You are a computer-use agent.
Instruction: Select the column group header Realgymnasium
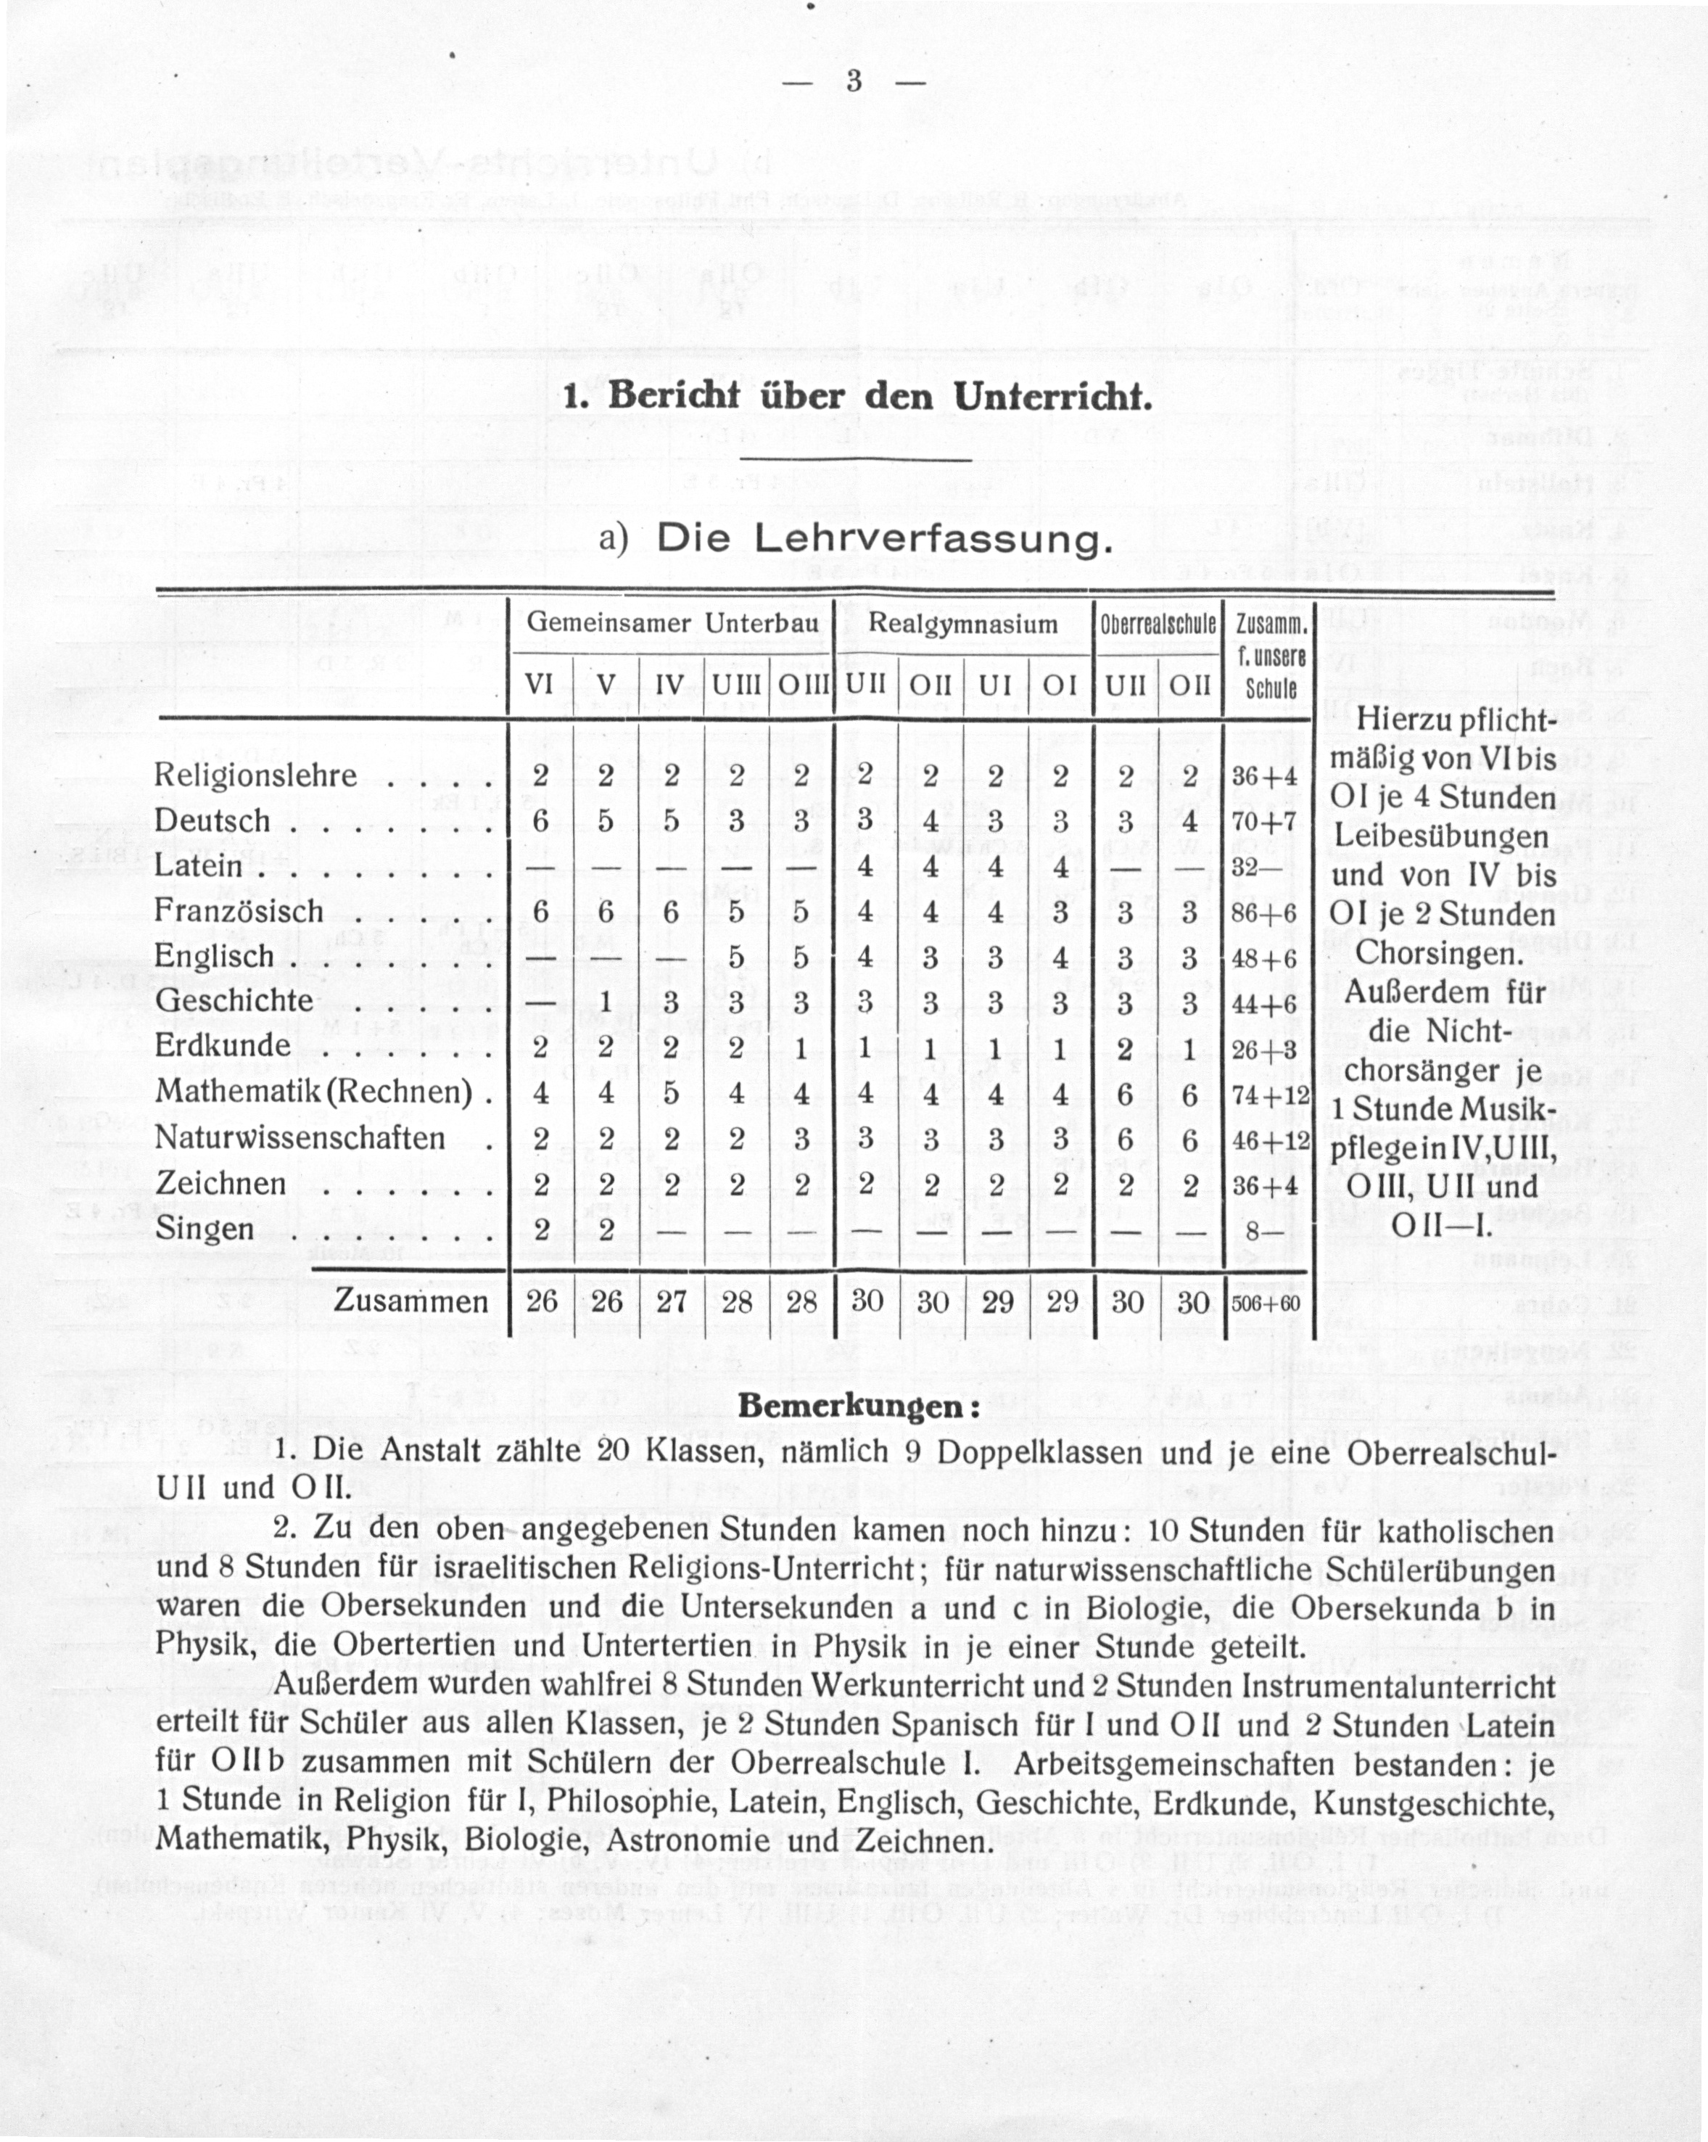[x=963, y=624]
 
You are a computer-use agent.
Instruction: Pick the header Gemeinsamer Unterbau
[x=672, y=624]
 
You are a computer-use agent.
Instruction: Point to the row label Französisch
[x=239, y=911]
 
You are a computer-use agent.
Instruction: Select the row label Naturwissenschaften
[x=300, y=1139]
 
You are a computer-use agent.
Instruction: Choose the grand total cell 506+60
[x=1265, y=1303]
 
